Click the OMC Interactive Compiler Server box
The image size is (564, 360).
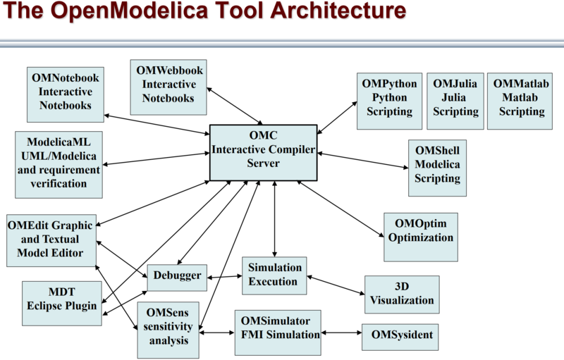[x=263, y=151]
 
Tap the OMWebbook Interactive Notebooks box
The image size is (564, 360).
[x=168, y=87]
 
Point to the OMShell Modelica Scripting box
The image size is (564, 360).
[x=437, y=168]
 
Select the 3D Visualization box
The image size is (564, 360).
[x=402, y=294]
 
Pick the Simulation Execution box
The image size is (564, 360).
[x=274, y=275]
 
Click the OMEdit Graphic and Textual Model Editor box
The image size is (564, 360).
[x=51, y=240]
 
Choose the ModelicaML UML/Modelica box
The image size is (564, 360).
[x=59, y=163]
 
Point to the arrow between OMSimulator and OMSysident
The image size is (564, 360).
[x=341, y=333]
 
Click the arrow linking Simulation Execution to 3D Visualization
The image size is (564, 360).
[x=336, y=284]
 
